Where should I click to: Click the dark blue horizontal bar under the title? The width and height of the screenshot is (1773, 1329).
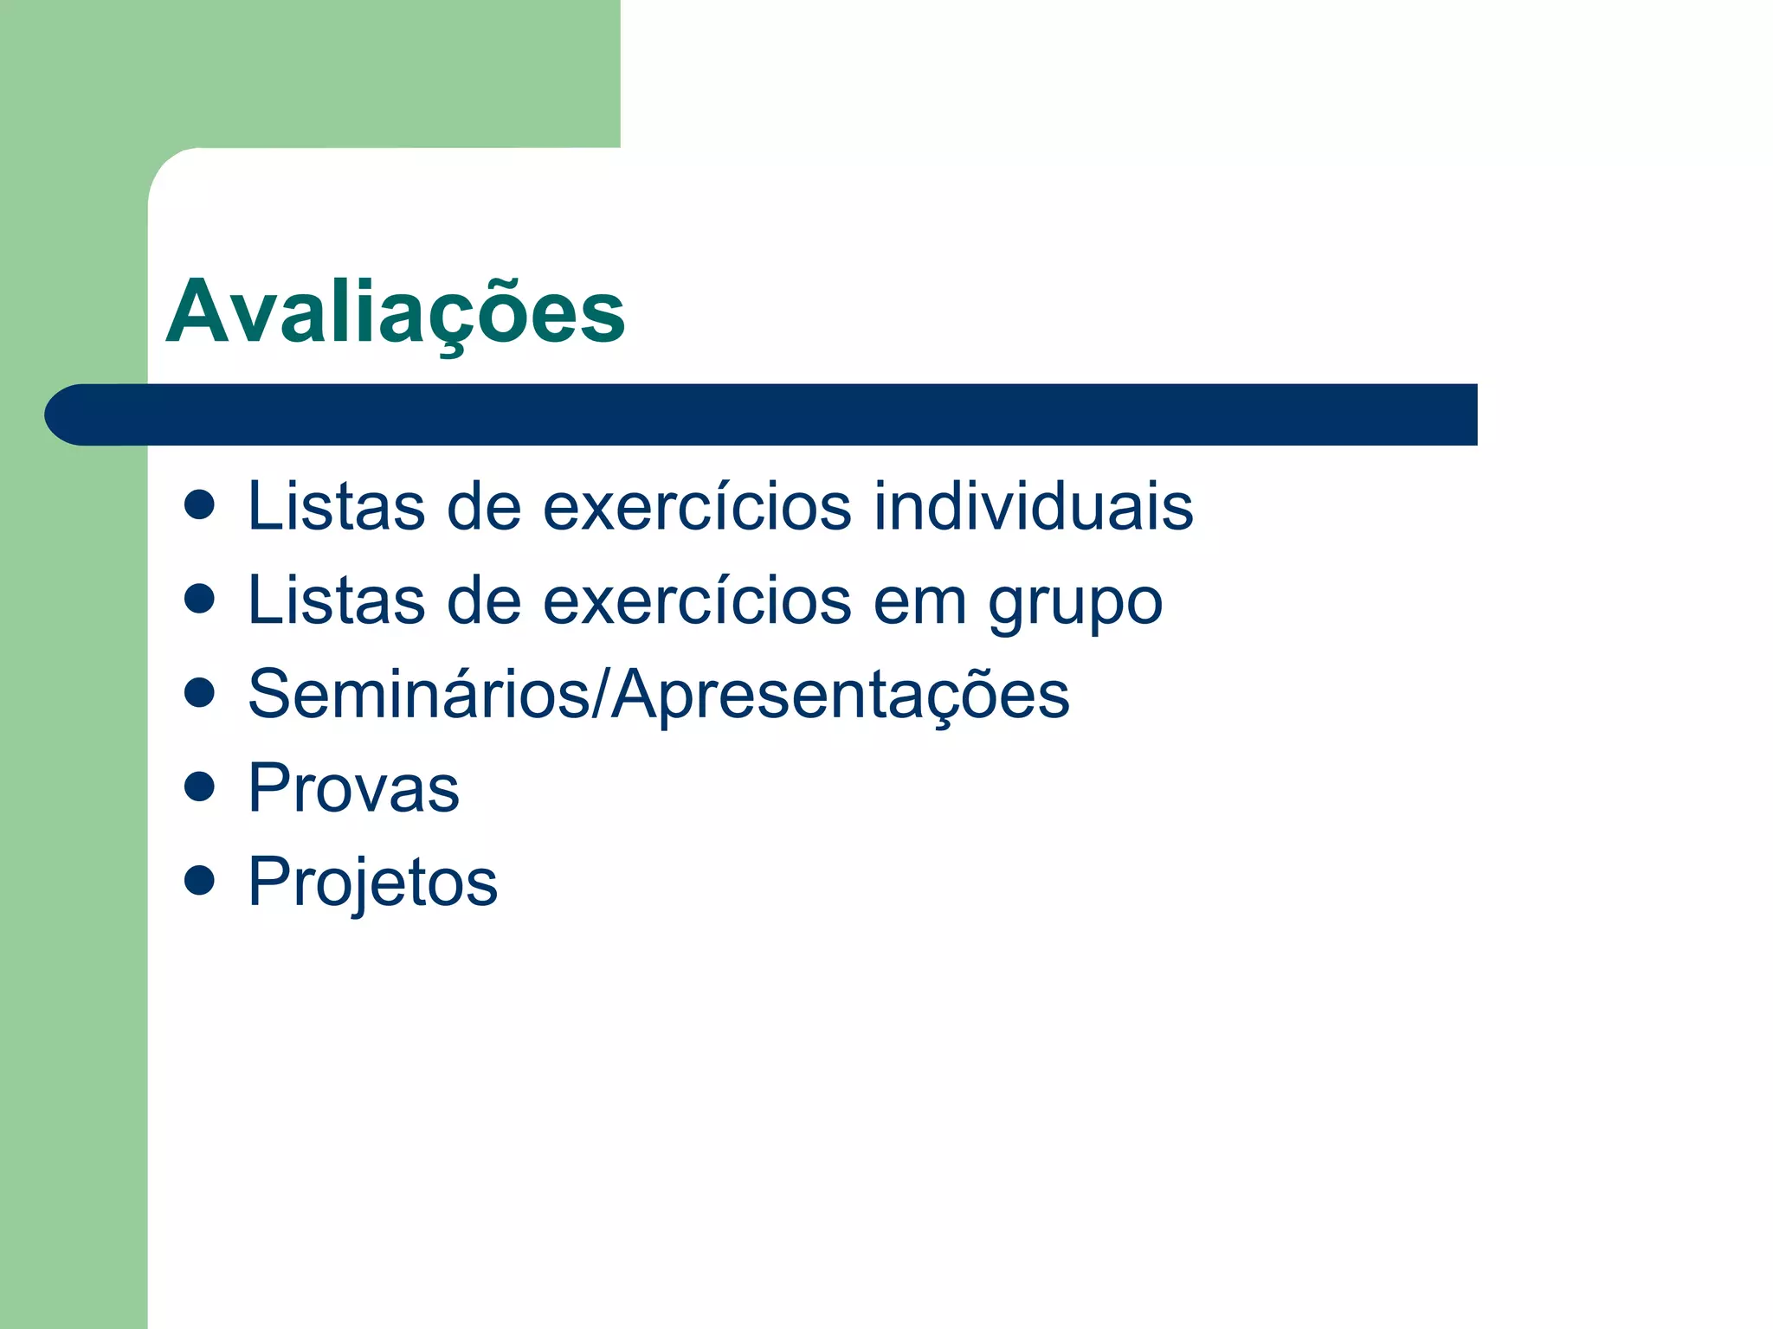tap(762, 414)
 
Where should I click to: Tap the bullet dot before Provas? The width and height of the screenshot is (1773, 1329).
tap(200, 786)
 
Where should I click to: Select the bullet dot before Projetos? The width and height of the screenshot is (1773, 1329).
tap(200, 880)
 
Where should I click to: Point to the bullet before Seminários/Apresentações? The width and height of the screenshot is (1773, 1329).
tap(200, 692)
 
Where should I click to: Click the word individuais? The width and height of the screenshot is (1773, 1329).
tap(1033, 506)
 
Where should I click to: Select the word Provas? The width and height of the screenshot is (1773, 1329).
tap(353, 788)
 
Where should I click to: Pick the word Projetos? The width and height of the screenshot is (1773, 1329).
tap(372, 883)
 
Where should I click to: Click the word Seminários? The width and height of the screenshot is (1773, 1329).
tap(419, 694)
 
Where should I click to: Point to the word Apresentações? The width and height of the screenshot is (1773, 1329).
tap(841, 696)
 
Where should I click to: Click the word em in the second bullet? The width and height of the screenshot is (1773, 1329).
tap(919, 601)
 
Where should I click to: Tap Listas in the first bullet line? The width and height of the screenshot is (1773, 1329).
tap(336, 506)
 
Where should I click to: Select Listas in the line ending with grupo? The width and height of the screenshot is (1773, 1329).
tap(336, 600)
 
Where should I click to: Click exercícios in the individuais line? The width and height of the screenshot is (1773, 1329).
tap(697, 506)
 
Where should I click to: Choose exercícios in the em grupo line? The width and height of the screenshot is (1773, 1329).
tap(697, 600)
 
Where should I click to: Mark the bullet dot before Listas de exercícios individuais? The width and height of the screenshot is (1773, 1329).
tap(200, 504)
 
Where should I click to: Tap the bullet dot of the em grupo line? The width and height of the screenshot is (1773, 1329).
tap(200, 599)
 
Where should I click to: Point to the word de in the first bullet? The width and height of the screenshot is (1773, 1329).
tap(484, 506)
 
